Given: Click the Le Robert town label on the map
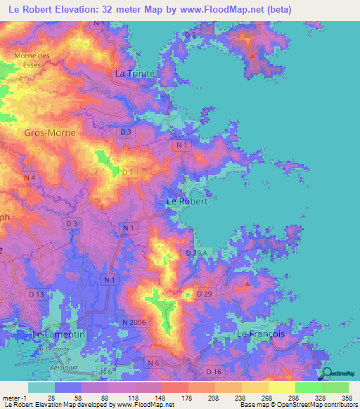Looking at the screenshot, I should click(x=186, y=201).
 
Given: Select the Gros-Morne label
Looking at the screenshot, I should click(x=50, y=132).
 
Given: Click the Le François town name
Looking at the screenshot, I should click(x=261, y=334).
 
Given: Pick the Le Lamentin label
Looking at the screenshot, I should click(x=59, y=335).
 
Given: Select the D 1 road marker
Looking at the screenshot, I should click(x=127, y=171).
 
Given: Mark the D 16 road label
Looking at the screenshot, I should click(x=214, y=370).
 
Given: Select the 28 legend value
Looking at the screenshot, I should click(x=50, y=398).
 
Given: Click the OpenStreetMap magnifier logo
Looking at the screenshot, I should click(x=326, y=373).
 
